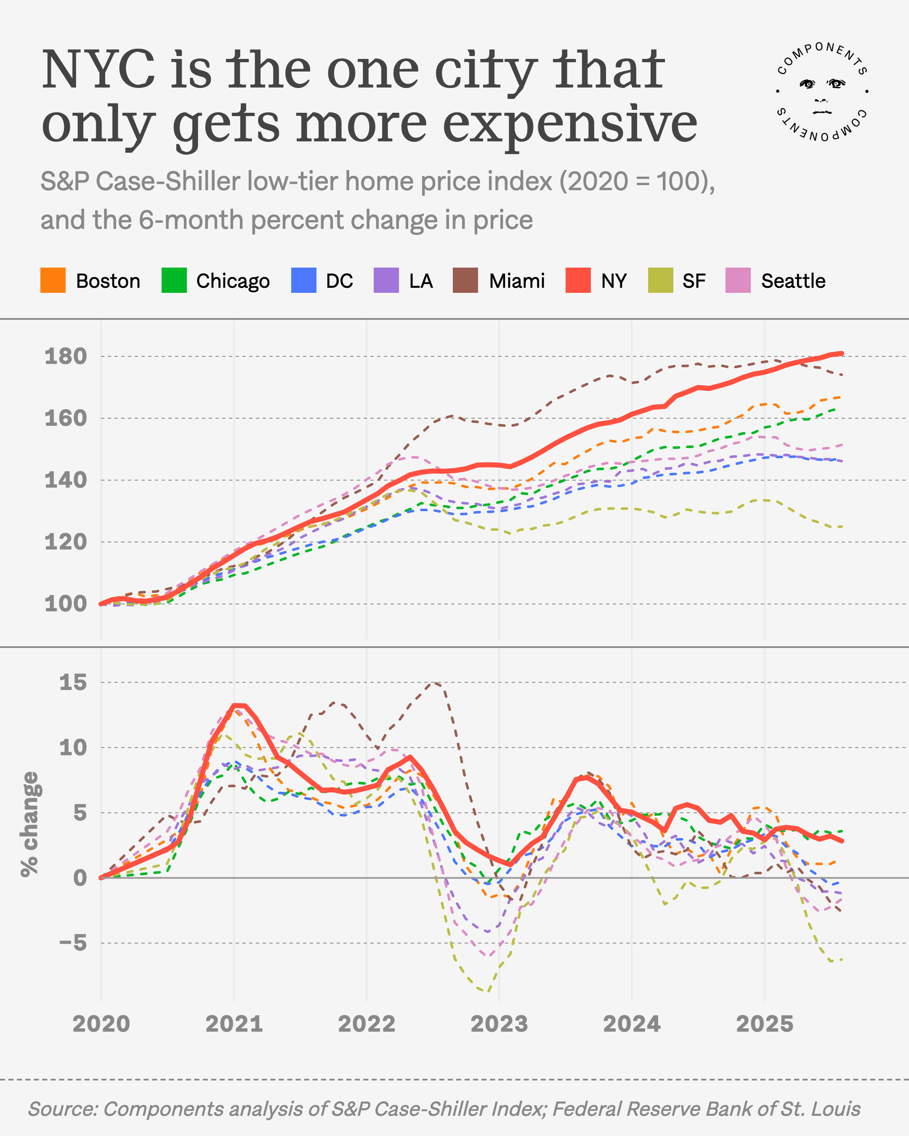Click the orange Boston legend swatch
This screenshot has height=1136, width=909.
53,280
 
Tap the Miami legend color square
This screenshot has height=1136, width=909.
465,280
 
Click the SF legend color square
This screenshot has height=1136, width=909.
660,280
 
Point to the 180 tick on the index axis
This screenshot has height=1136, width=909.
66,357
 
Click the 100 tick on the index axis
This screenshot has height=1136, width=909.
66,604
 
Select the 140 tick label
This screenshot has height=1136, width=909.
66,480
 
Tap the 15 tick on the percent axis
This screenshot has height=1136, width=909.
73,682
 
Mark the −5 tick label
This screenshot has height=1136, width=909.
73,943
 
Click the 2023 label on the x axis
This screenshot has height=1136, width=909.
499,1024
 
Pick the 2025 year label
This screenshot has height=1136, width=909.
764,1024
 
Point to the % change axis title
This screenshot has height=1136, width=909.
29,825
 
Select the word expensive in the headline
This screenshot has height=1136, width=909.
570,125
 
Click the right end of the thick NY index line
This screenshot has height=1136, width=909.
842,353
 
